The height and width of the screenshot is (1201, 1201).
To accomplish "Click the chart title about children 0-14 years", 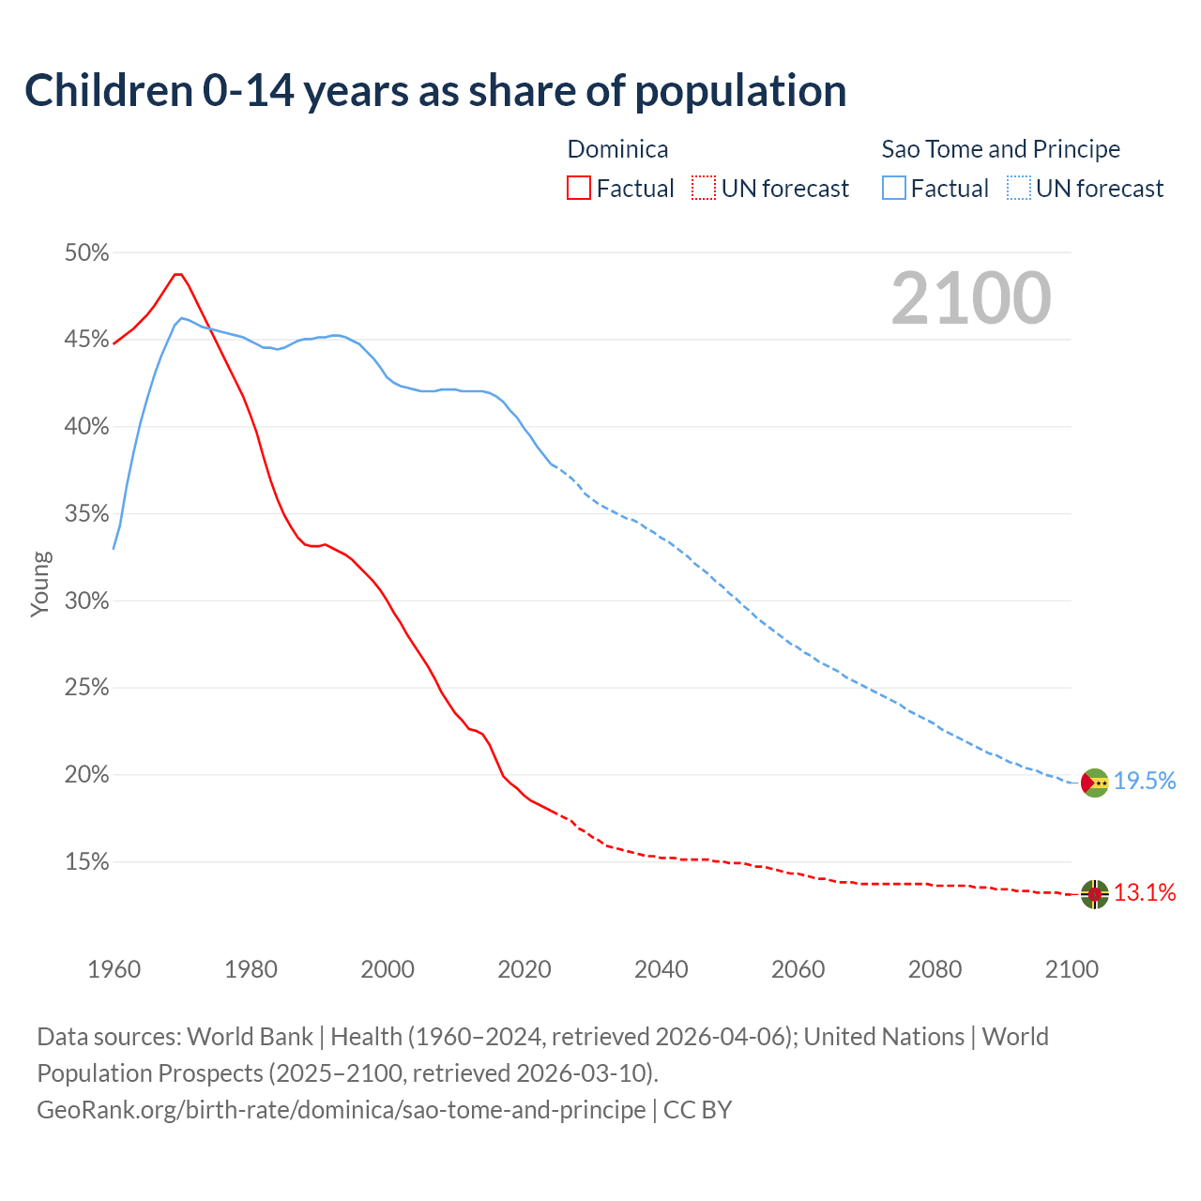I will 435,91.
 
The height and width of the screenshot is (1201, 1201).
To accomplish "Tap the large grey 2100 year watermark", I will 970,298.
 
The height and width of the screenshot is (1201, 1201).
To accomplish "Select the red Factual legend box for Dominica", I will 579,189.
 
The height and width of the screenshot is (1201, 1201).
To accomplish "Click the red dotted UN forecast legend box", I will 704,189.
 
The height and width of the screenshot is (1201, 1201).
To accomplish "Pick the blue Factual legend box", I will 893,189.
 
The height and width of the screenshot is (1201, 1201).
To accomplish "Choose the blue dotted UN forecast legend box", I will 1019,189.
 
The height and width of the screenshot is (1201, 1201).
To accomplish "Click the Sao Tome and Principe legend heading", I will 1000,149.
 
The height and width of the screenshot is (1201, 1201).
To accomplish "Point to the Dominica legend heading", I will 617,149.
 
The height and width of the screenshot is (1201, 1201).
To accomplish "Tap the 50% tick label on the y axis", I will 86,253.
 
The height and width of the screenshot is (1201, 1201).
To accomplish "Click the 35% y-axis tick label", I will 86,514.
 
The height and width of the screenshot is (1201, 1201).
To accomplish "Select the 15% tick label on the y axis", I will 86,862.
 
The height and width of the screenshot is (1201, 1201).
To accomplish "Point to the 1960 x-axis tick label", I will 114,969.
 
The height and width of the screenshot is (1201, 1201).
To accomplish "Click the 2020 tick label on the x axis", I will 524,969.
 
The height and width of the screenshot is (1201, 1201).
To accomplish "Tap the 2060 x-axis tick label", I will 798,969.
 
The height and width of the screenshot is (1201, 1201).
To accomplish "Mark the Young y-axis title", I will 40,584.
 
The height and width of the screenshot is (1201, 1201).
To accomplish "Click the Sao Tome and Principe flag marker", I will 1094,783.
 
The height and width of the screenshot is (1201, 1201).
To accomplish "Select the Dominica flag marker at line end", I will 1094,894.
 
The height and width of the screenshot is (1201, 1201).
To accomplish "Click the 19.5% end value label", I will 1145,782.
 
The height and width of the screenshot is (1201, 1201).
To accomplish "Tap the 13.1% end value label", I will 1145,892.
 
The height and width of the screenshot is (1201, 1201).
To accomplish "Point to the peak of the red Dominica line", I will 177,274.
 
